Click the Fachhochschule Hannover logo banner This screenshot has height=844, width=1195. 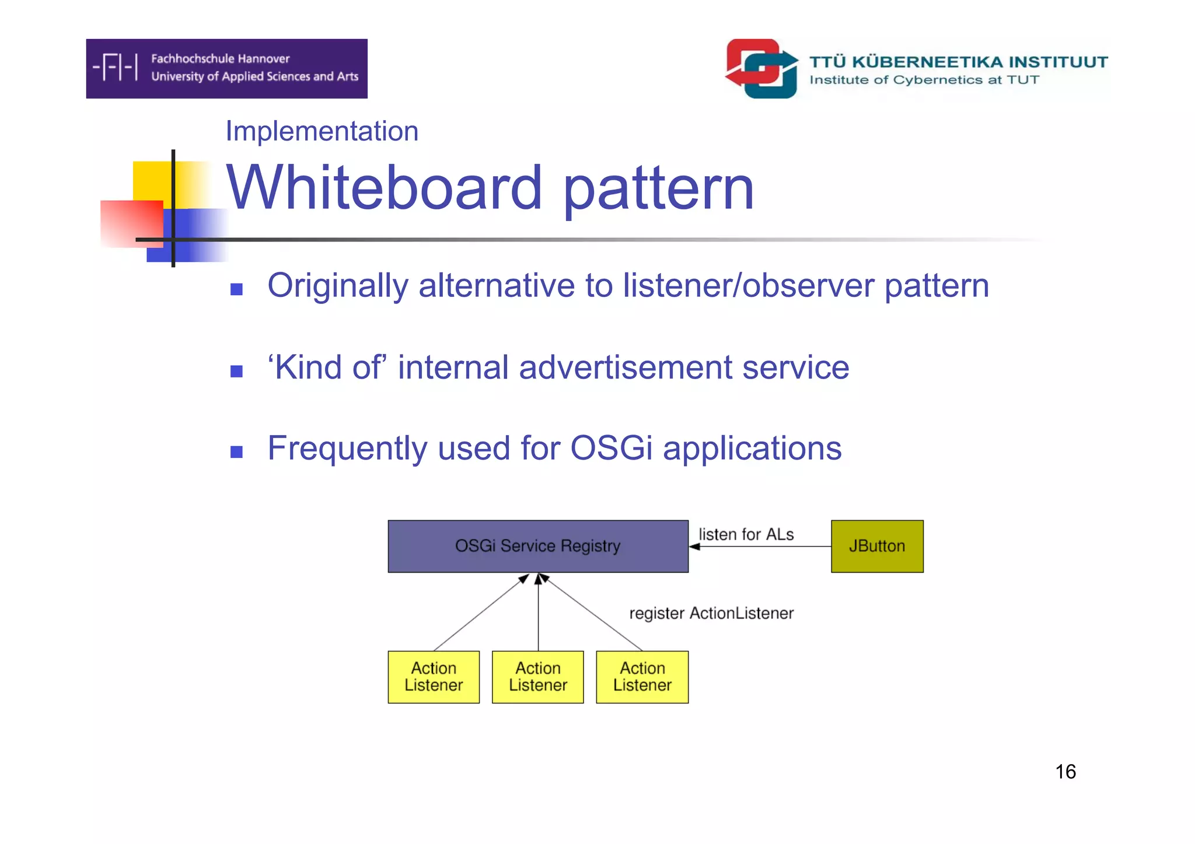click(x=226, y=68)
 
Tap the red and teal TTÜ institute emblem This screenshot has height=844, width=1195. click(x=761, y=69)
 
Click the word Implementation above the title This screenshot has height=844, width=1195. click(x=322, y=131)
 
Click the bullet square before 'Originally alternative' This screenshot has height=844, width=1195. click(x=236, y=289)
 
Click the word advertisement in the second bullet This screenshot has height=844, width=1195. click(x=625, y=367)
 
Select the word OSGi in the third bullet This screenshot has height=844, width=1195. click(x=611, y=448)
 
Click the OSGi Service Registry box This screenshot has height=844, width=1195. click(x=537, y=546)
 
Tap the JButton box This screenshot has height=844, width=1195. click(x=876, y=546)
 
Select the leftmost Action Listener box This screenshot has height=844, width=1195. click(x=434, y=677)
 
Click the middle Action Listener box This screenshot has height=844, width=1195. click(x=537, y=677)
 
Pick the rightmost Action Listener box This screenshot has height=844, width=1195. click(x=642, y=677)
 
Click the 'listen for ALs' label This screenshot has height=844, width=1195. click(x=746, y=534)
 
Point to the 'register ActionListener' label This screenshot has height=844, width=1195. click(x=711, y=613)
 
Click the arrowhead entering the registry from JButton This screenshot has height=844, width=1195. click(x=694, y=547)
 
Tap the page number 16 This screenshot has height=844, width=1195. click(x=1065, y=772)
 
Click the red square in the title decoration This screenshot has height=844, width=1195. click(x=131, y=223)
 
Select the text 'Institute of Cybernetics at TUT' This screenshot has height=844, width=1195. click(x=924, y=80)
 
